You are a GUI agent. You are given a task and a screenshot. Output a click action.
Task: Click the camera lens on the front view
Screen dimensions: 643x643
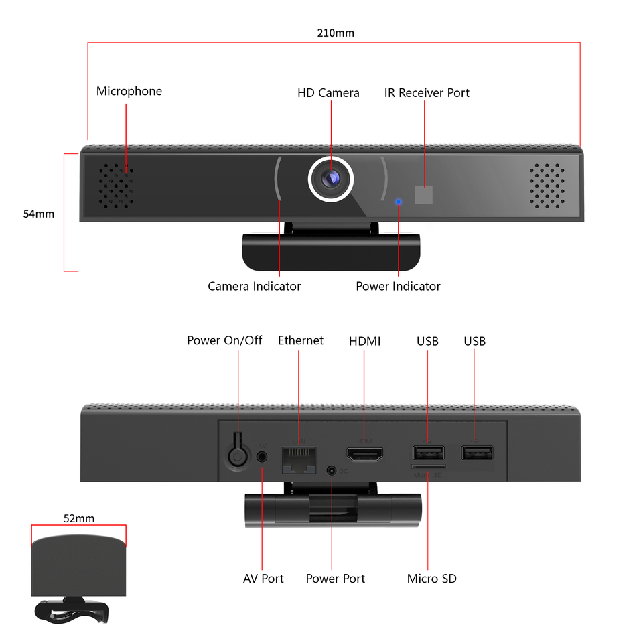[330, 179]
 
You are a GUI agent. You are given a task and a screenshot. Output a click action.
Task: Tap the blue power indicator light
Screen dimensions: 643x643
[399, 200]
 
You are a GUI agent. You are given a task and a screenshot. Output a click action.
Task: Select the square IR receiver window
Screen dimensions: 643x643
[424, 195]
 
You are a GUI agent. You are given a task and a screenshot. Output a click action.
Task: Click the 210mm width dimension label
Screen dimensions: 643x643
[336, 32]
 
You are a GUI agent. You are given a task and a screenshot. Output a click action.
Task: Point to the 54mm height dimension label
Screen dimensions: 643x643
[39, 214]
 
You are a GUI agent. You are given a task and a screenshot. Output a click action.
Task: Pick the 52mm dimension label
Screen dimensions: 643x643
[79, 518]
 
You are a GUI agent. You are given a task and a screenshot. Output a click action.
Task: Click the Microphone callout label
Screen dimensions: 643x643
[129, 91]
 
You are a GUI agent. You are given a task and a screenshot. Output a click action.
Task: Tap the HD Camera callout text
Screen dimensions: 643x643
[328, 93]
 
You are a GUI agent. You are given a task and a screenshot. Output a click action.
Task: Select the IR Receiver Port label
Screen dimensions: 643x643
[427, 93]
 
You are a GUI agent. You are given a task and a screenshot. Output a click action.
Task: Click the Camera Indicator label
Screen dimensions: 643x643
[254, 286]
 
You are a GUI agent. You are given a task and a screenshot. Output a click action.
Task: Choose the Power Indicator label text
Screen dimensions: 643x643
[398, 286]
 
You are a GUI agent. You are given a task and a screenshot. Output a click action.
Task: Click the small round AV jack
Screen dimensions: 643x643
[262, 456]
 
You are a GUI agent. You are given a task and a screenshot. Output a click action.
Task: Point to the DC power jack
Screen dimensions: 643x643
[332, 471]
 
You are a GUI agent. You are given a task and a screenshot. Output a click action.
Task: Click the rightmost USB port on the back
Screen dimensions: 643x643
[476, 453]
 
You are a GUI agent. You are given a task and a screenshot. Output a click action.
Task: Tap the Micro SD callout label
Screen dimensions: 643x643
[431, 578]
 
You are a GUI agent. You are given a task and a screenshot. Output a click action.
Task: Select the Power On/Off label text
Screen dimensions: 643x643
[224, 340]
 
